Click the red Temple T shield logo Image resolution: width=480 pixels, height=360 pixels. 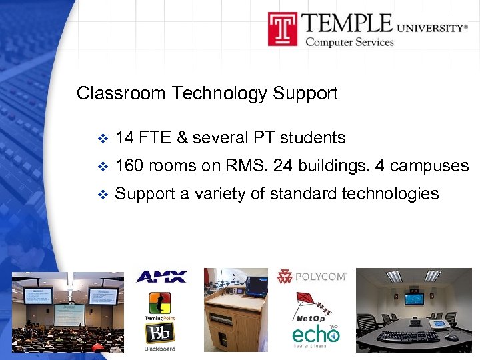(283, 29)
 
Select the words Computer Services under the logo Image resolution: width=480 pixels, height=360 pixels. (349, 43)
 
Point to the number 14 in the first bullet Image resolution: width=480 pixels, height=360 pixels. (125, 138)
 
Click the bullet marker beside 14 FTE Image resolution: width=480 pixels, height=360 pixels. (102, 139)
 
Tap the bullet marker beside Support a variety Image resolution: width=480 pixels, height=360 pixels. (102, 195)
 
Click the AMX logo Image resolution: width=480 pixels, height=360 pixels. (161, 277)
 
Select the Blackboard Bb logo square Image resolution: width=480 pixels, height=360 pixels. (159, 333)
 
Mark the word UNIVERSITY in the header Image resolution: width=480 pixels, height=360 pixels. (433, 28)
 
